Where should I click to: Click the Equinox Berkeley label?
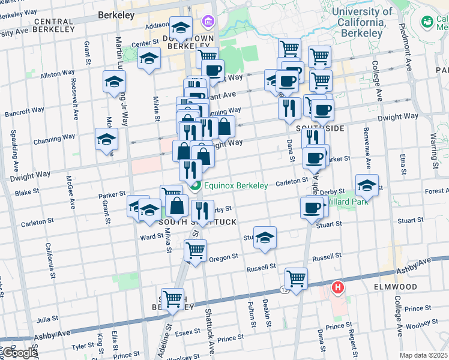[235, 185]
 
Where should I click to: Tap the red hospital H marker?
[338, 288]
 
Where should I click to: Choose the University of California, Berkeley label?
[361, 22]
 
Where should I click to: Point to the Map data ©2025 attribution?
[423, 355]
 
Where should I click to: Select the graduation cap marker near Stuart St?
[265, 238]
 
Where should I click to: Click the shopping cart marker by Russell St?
[296, 278]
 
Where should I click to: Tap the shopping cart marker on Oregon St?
[195, 250]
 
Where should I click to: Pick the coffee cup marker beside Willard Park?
[311, 208]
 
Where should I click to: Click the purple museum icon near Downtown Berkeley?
[208, 22]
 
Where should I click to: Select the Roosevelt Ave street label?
[74, 97]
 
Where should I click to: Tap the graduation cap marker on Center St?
[149, 58]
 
